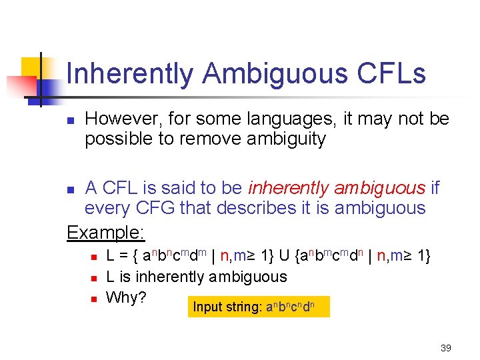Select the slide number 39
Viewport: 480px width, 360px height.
tap(446, 348)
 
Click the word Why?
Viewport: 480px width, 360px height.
tap(126, 297)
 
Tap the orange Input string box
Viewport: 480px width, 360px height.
tap(259, 307)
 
